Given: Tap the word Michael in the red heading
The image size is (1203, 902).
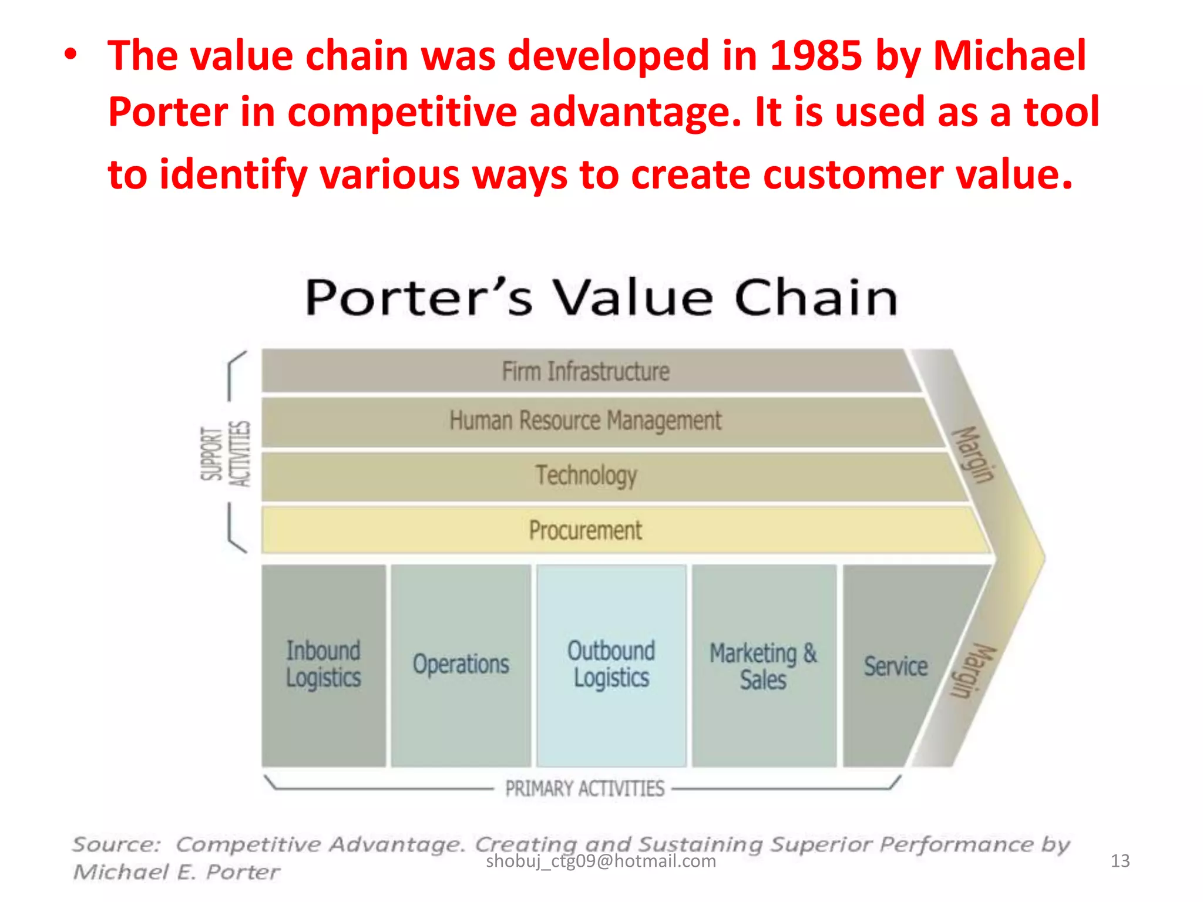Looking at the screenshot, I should click(x=1009, y=56).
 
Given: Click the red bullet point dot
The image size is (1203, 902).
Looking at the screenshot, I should click(x=70, y=55).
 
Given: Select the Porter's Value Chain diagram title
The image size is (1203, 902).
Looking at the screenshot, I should click(x=601, y=298).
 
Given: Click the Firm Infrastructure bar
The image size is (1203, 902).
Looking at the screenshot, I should click(x=586, y=371).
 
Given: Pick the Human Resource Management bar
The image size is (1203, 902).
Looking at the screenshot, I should click(x=586, y=421).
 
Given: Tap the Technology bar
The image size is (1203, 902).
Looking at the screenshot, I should click(x=586, y=476).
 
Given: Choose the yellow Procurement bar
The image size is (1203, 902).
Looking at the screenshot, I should click(x=586, y=530).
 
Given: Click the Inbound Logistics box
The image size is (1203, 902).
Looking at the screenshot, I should click(x=324, y=665).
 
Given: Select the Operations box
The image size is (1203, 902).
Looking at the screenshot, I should click(x=461, y=665).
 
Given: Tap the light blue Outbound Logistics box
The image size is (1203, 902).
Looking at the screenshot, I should click(x=611, y=665).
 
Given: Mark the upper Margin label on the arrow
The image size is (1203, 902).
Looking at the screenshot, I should click(x=973, y=454).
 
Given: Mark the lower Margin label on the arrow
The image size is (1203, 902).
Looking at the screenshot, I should click(x=973, y=671).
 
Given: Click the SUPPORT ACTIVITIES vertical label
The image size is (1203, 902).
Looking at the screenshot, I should click(x=226, y=454).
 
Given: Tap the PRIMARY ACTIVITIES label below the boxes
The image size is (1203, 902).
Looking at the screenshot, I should click(x=584, y=789).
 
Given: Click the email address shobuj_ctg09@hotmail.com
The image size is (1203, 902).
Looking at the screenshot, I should click(x=601, y=861).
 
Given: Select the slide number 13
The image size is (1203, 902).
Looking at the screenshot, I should click(x=1120, y=861).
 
